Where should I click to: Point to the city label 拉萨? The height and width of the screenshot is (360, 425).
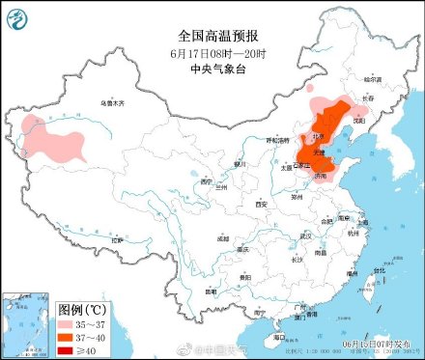pyautogui.click(x=118, y=239)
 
